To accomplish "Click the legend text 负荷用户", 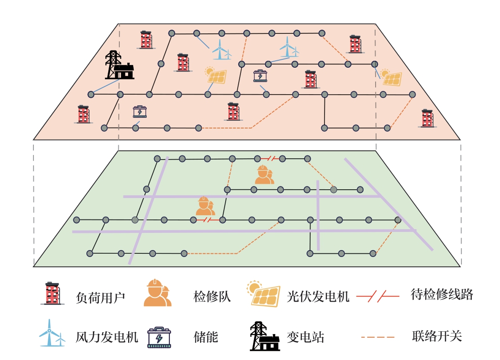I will coord(100,296).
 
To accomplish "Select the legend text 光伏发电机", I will coord(318,296).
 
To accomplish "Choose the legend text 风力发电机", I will coord(107,336).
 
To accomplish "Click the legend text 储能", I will coord(206,336).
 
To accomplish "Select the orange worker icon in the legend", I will coord(157,293).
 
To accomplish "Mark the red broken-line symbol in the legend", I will coord(377,296).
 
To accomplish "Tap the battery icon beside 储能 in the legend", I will coord(159,337).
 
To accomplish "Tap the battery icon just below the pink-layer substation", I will coord(140,111).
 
